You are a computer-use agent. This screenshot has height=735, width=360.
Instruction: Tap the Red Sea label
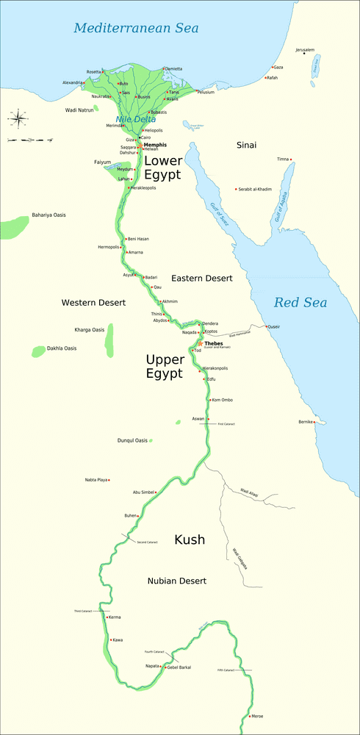[300, 302]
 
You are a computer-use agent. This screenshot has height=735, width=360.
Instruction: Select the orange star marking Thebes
[200, 343]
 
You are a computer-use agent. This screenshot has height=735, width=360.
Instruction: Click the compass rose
[19, 117]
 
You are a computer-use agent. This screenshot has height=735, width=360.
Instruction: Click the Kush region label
[189, 540]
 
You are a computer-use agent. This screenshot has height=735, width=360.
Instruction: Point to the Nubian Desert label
[176, 581]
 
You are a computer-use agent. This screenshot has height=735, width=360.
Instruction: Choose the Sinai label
[246, 146]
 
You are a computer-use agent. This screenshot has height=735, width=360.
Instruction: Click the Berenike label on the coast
[306, 422]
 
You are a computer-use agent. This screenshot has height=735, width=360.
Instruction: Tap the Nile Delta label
[135, 119]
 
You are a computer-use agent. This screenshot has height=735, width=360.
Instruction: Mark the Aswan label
[198, 418]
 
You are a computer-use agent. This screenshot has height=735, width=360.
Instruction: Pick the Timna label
[282, 159]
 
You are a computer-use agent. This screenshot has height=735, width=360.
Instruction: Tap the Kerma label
[114, 617]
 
